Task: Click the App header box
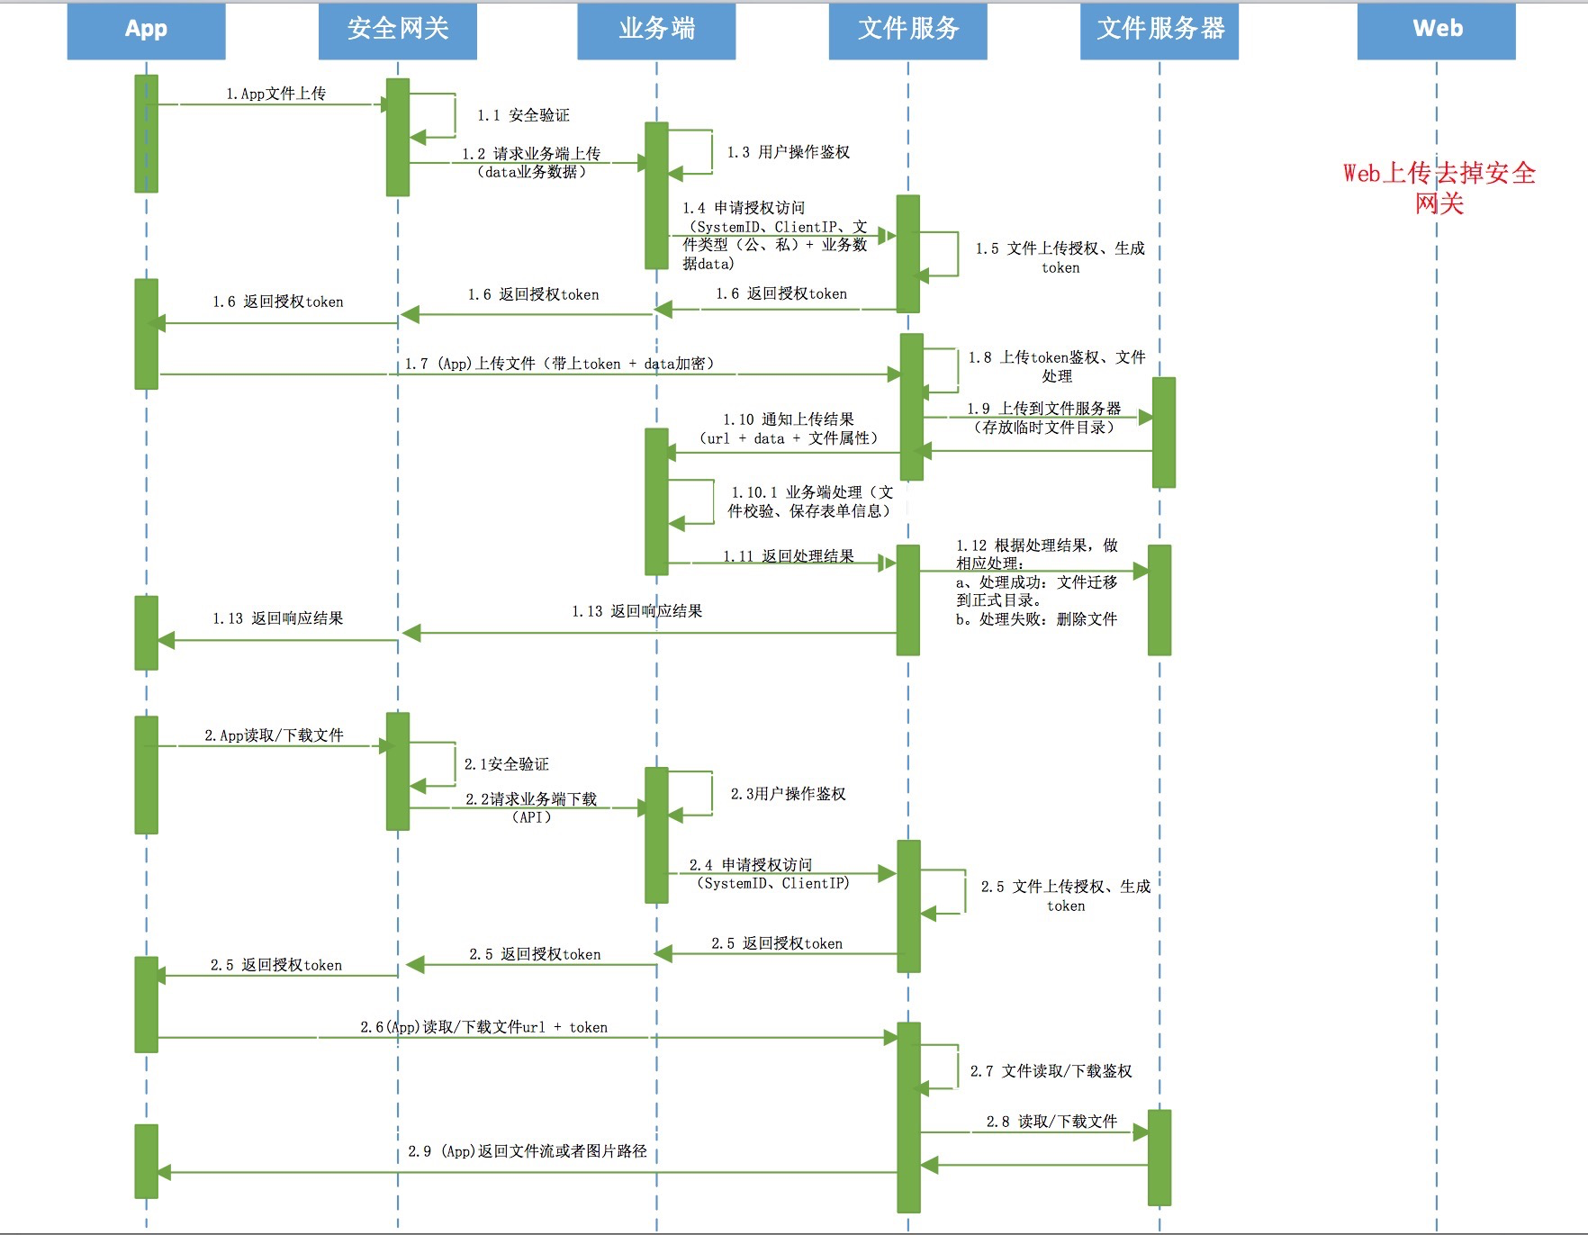tap(146, 30)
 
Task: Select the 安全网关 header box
tap(397, 30)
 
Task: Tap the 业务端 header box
tap(656, 30)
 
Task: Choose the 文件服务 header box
tap(907, 30)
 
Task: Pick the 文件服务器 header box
tap(1159, 30)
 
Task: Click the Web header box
tap(1437, 30)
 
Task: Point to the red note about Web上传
tap(1439, 187)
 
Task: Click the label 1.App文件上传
tap(275, 94)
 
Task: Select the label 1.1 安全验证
tap(523, 115)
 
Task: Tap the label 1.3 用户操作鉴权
tap(788, 152)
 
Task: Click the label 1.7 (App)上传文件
tap(559, 364)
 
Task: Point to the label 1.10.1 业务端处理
tap(810, 501)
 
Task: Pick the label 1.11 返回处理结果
tap(789, 556)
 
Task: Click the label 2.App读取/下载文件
tap(274, 735)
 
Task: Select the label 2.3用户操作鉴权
tap(788, 794)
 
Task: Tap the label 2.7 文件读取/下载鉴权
tap(1051, 1071)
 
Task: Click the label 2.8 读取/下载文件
tap(1051, 1122)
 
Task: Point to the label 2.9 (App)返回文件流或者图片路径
tap(528, 1151)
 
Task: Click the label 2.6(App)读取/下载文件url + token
tap(483, 1027)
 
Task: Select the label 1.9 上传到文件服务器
tap(1044, 418)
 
